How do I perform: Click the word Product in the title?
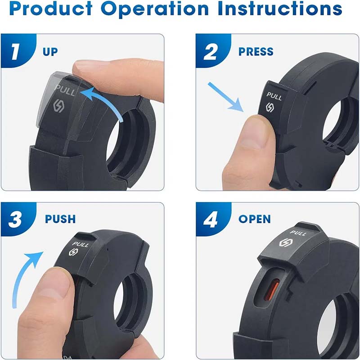(x=51, y=9)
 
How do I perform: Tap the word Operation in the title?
(x=155, y=9)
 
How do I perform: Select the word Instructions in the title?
(x=280, y=9)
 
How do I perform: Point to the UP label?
(x=50, y=52)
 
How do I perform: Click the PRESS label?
(x=256, y=51)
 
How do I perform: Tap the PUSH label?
(x=60, y=219)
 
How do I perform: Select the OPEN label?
(x=255, y=219)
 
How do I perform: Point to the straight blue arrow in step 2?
(x=226, y=97)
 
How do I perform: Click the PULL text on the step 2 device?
(x=274, y=96)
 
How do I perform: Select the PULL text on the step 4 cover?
(x=298, y=233)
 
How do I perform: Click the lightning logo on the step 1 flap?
(x=58, y=106)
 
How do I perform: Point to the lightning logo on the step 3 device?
(x=73, y=252)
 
